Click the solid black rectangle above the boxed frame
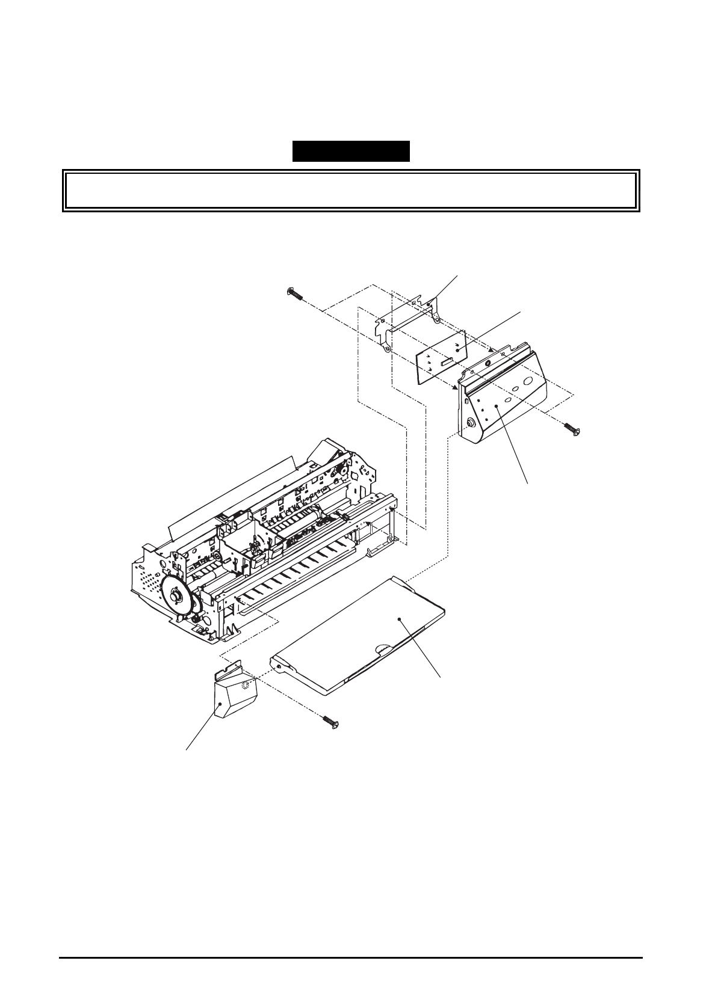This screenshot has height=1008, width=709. click(x=351, y=151)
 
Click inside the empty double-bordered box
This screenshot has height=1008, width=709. click(x=350, y=190)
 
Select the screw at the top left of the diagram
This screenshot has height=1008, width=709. click(x=294, y=293)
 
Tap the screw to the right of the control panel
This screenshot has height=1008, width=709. click(x=569, y=428)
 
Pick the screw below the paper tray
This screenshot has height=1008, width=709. click(x=330, y=720)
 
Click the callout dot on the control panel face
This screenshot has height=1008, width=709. click(x=496, y=407)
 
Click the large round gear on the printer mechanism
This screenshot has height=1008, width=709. click(x=179, y=595)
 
